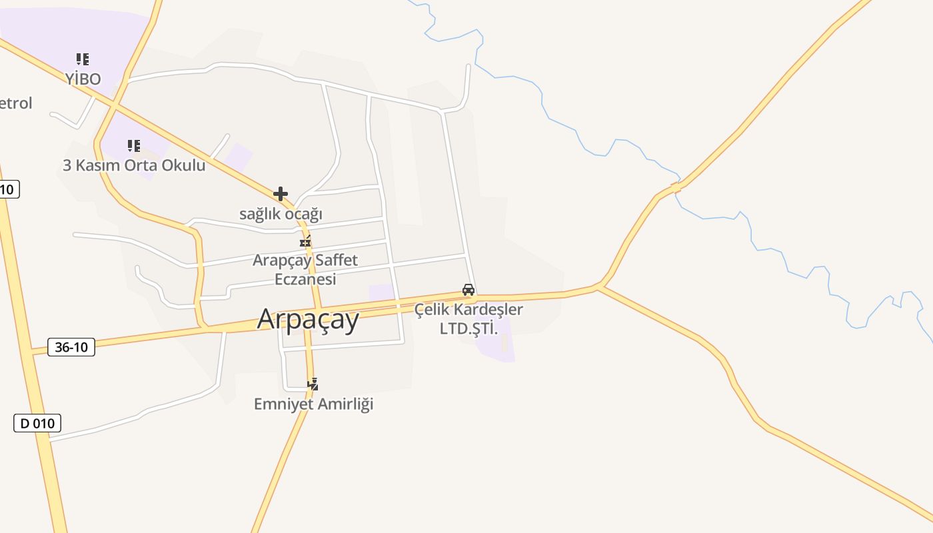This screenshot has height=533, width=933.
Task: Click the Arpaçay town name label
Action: tap(308, 319)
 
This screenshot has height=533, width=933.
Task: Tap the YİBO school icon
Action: tap(83, 59)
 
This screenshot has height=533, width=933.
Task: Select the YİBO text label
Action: tap(83, 79)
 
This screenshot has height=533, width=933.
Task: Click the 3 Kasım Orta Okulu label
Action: tap(134, 165)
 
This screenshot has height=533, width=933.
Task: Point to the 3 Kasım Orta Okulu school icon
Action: tap(134, 145)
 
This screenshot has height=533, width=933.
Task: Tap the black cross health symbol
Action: tap(281, 194)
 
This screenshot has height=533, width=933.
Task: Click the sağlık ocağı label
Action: tap(281, 214)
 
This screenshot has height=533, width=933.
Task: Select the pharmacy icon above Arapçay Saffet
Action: tap(305, 242)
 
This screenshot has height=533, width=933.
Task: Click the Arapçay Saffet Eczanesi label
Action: tap(305, 269)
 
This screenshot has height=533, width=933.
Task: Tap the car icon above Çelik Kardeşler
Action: tap(468, 290)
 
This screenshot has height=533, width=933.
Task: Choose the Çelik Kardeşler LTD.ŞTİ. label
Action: tap(468, 318)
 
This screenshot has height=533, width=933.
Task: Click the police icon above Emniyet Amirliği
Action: tap(313, 384)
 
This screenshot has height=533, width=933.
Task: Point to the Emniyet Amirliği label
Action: tap(313, 404)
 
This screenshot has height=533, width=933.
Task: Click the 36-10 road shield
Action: tap(71, 346)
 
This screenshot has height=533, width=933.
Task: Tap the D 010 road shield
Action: tap(37, 422)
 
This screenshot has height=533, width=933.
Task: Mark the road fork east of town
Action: tap(600, 286)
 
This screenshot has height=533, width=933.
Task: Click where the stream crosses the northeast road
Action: tap(676, 187)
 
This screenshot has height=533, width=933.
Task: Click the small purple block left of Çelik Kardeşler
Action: tap(382, 292)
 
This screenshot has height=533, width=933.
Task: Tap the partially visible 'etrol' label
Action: tap(15, 103)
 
